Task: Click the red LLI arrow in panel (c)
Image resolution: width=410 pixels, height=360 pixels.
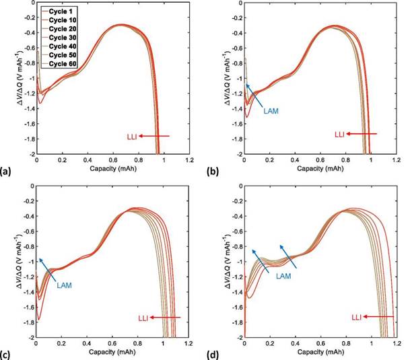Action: (168, 316)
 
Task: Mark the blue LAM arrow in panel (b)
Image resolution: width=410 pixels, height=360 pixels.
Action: (256, 95)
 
